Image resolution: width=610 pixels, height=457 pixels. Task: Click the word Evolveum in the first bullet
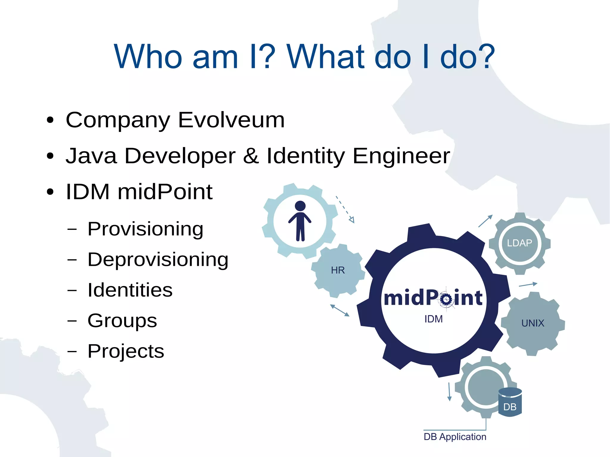pyautogui.click(x=231, y=120)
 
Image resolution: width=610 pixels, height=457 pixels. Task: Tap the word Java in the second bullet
pyautogui.click(x=91, y=156)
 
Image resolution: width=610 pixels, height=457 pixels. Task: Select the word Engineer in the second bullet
pyautogui.click(x=401, y=156)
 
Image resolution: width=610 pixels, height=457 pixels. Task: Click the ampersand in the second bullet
pyautogui.click(x=251, y=156)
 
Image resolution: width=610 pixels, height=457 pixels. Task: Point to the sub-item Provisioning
pyautogui.click(x=145, y=229)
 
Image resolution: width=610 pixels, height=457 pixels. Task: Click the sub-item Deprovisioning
pyautogui.click(x=158, y=260)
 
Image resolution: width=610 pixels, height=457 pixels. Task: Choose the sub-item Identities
pyautogui.click(x=130, y=290)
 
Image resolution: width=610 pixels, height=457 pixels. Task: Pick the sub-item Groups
pyautogui.click(x=122, y=321)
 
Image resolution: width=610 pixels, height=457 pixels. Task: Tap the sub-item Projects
pyautogui.click(x=126, y=351)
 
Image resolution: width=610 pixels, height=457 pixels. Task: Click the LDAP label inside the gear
pyautogui.click(x=519, y=243)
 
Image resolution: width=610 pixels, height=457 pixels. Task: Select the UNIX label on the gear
pyautogui.click(x=533, y=323)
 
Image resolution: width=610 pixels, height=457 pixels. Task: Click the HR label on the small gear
pyautogui.click(x=338, y=270)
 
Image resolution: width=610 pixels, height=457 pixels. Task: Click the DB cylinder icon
pyautogui.click(x=510, y=402)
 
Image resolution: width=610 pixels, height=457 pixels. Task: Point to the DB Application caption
pyautogui.click(x=455, y=437)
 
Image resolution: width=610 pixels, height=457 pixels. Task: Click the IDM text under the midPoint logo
pyautogui.click(x=433, y=319)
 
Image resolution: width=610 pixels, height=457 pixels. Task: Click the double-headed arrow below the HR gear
pyautogui.click(x=340, y=310)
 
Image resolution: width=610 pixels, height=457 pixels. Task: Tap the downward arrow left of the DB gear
pyautogui.click(x=449, y=392)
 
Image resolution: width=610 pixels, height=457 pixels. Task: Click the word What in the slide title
pyautogui.click(x=325, y=57)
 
